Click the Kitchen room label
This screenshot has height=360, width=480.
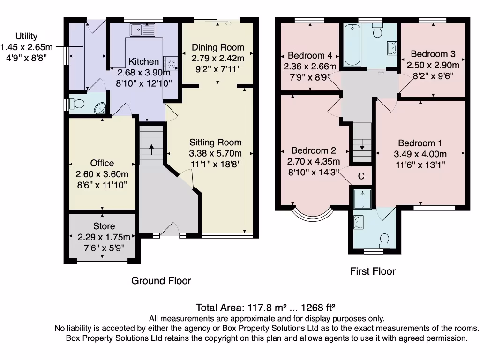pos(143,61)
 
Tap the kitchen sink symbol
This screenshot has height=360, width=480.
pos(142,30)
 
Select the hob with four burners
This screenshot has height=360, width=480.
pos(171,63)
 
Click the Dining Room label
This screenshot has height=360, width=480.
pos(218,47)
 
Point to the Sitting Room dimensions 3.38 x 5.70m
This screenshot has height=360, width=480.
pos(216,153)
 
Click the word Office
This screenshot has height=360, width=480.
pos(102,163)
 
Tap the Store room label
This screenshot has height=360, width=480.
pos(104,226)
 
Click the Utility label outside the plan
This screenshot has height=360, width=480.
pos(26,36)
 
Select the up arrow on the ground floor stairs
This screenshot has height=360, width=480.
pos(151,150)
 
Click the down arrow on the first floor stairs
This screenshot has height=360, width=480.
pos(362,144)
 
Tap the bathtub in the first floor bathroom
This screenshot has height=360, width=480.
pos(352,45)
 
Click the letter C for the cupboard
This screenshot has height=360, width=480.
pos(361,176)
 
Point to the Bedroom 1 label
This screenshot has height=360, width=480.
pos(420,143)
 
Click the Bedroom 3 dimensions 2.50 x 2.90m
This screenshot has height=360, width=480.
pos(433,65)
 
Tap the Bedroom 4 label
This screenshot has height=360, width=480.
pos(310,55)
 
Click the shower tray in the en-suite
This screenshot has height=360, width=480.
pos(362,200)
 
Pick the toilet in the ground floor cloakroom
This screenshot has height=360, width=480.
pos(77,104)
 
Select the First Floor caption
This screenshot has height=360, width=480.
pos(373,271)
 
